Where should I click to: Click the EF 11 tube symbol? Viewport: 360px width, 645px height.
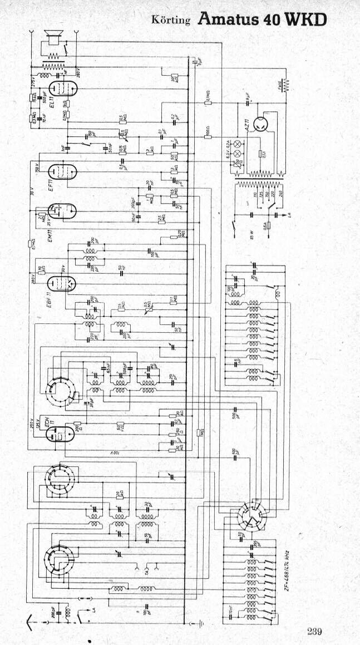(x=62, y=172)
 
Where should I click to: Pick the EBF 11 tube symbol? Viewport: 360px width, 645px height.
(x=61, y=284)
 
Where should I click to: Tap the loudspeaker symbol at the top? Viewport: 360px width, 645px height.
(x=55, y=40)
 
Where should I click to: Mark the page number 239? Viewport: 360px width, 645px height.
(x=314, y=631)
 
